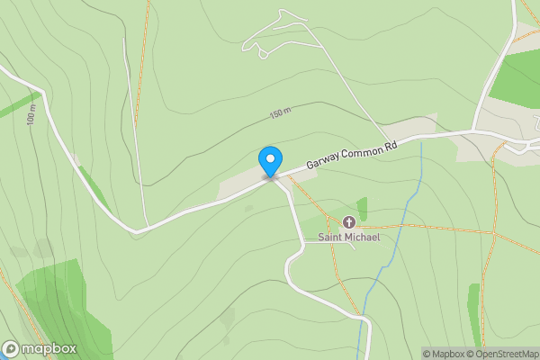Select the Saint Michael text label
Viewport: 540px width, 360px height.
(349, 238)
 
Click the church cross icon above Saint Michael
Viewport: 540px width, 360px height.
(349, 222)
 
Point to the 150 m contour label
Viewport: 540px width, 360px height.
(281, 114)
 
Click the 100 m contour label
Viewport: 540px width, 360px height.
(32, 118)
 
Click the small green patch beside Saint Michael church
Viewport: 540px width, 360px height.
(362, 206)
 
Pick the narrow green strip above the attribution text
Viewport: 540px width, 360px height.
(474, 315)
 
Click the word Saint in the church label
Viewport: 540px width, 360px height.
(329, 238)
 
